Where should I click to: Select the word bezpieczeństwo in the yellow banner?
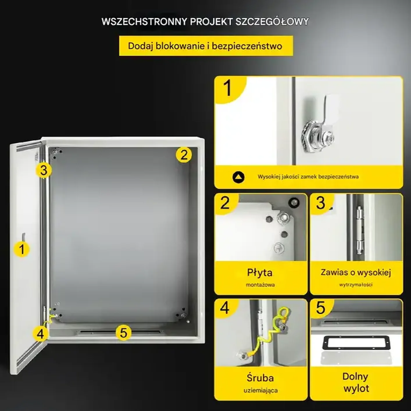(x=247, y=46)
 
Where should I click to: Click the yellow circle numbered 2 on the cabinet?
(x=184, y=155)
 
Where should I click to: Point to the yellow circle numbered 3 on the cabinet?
(x=44, y=170)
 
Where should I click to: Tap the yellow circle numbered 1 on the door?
(x=22, y=249)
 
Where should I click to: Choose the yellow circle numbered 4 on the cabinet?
(x=40, y=334)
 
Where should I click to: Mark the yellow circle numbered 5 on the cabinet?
(x=124, y=333)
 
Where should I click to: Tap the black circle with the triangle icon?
(x=238, y=177)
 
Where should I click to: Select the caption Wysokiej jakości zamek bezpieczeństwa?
(x=308, y=177)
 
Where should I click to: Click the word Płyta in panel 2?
(x=260, y=273)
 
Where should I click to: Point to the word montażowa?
(x=260, y=285)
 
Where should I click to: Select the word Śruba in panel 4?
(x=260, y=378)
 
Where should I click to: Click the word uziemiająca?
(x=261, y=391)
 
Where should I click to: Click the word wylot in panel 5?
(x=356, y=388)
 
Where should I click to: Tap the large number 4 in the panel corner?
(x=224, y=308)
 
